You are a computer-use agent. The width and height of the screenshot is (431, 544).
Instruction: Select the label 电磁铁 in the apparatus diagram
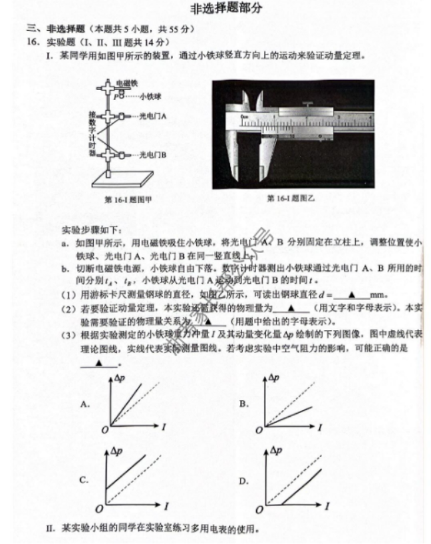[x=126, y=83]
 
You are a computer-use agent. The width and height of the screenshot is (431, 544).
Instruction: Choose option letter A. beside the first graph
[x=84, y=404]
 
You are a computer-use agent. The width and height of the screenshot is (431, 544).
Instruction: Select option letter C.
[x=84, y=479]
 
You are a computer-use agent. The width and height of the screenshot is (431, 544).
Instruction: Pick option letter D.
[x=244, y=480]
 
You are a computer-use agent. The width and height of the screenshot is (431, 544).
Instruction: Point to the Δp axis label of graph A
[x=120, y=378]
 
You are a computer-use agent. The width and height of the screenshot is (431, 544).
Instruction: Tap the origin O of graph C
[x=98, y=509]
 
